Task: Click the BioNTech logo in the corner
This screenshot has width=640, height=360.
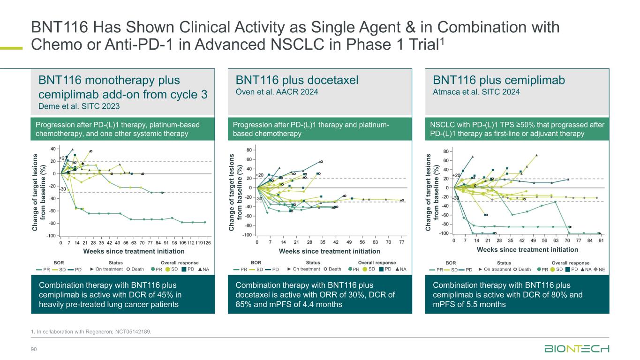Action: pyautogui.click(x=577, y=349)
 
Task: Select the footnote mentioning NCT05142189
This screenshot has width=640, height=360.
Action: pyautogui.click(x=91, y=332)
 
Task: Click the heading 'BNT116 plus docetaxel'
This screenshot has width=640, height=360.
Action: pyautogui.click(x=297, y=80)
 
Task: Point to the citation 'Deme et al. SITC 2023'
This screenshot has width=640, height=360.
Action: pyautogui.click(x=79, y=106)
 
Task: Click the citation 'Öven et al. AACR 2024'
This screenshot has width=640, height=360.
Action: pyautogui.click(x=277, y=92)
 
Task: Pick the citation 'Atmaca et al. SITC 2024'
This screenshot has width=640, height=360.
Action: pyautogui.click(x=476, y=92)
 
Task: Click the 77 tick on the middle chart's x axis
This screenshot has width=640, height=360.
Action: pyautogui.click(x=402, y=243)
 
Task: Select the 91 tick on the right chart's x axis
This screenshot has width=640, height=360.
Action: pyautogui.click(x=601, y=240)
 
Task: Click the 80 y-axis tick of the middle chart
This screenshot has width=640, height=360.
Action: pyautogui.click(x=249, y=150)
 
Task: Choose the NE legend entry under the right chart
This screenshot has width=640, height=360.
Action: pyautogui.click(x=602, y=270)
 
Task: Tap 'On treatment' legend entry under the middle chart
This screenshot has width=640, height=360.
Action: pyautogui.click(x=304, y=269)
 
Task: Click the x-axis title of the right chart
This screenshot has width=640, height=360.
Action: pyautogui.click(x=527, y=250)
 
